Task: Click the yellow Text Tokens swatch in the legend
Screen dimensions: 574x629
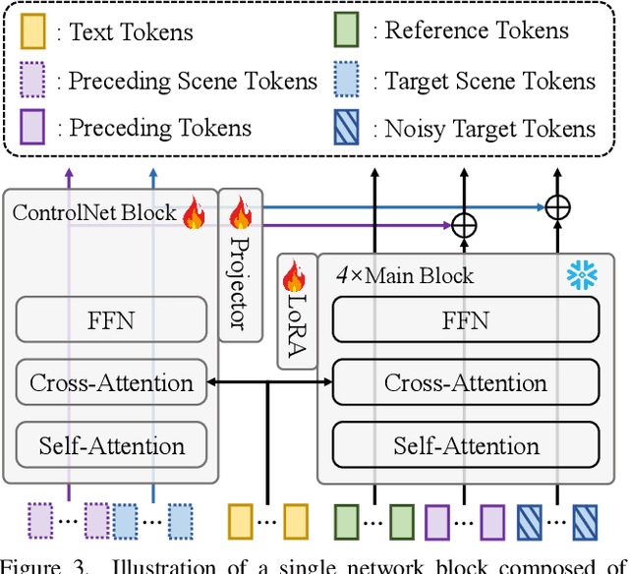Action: (x=33, y=31)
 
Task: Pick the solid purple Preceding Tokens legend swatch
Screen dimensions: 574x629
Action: (x=33, y=129)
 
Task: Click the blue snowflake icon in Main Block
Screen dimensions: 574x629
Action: (x=582, y=276)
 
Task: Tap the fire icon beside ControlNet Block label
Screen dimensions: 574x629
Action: (x=194, y=213)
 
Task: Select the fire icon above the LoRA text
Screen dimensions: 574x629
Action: (x=294, y=276)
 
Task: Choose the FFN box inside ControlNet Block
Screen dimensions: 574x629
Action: (x=112, y=319)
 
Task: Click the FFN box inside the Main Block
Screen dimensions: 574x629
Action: (x=466, y=319)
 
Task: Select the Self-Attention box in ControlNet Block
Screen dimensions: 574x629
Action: (x=112, y=445)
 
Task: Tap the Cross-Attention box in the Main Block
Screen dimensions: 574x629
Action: (x=466, y=382)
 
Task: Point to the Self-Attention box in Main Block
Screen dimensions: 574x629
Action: (x=466, y=445)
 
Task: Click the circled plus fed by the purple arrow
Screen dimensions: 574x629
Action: (x=463, y=226)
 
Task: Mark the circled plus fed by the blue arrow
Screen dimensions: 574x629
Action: (x=557, y=207)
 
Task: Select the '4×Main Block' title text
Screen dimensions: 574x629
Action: (x=405, y=276)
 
